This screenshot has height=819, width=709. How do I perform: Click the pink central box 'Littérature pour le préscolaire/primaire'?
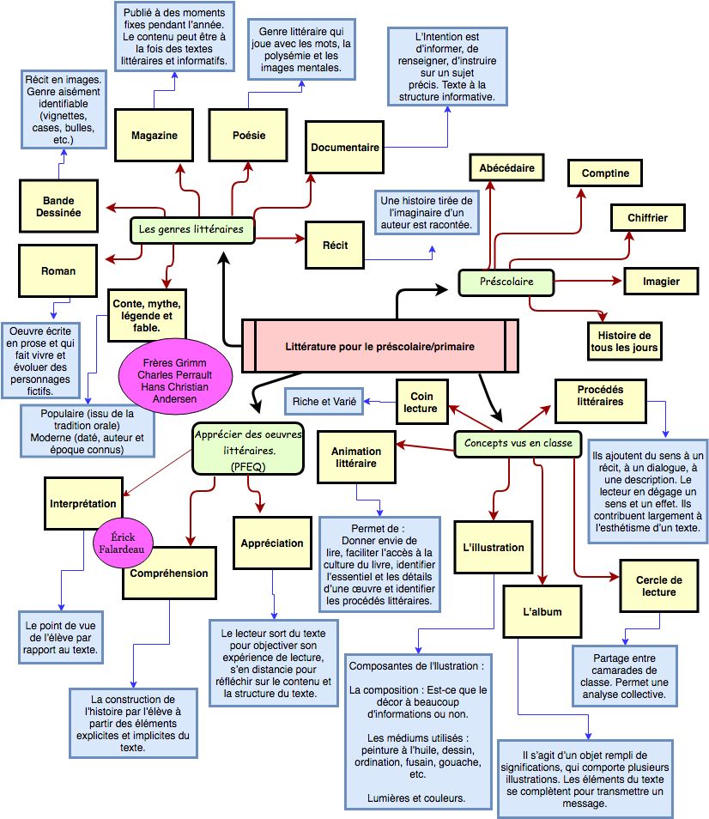tap(379, 346)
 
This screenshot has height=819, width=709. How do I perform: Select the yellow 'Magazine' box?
tap(155, 136)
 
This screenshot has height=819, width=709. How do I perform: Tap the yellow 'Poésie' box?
tap(249, 136)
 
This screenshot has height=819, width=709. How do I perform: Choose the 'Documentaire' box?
tap(345, 148)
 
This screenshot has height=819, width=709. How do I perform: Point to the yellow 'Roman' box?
tap(58, 271)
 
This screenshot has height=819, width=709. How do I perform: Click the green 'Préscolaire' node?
tap(506, 282)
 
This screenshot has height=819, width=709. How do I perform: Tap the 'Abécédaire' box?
tap(506, 168)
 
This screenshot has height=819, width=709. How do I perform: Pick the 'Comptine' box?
tap(605, 173)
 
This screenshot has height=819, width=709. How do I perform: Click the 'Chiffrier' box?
tap(647, 218)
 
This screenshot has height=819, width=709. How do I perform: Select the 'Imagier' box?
tap(661, 281)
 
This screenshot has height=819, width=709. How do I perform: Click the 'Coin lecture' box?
tap(422, 403)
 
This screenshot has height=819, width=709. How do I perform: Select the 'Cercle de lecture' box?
tap(657, 585)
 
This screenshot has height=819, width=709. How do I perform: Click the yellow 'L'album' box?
tap(542, 612)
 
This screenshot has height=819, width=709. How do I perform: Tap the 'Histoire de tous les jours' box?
tap(624, 342)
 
